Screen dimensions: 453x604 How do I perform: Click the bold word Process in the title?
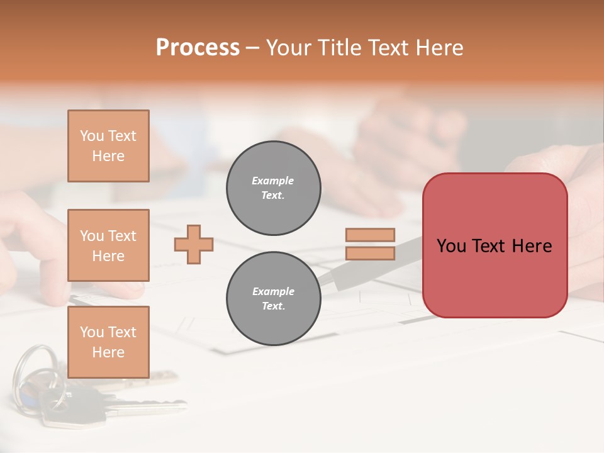tap(198, 48)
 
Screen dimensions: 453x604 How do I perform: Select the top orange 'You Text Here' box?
tap(108, 146)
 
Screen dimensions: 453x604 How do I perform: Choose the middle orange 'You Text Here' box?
tap(108, 245)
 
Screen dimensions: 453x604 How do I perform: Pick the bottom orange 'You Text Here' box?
tap(108, 342)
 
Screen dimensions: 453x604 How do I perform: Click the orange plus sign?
tap(194, 244)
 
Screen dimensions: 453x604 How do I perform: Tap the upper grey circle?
tap(273, 188)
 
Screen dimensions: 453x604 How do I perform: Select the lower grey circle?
tap(273, 299)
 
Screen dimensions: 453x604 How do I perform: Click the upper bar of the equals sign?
tap(370, 235)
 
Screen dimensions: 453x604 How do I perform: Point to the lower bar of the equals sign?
tap(370, 253)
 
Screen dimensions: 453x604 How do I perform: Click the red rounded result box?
tap(495, 277)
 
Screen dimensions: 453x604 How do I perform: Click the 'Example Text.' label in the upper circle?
tap(273, 188)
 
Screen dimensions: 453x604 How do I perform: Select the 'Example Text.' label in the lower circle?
tap(273, 299)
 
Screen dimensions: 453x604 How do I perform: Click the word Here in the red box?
tap(532, 246)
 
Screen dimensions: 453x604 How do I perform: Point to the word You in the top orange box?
tap(92, 136)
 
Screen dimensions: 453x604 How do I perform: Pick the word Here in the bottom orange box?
tap(108, 352)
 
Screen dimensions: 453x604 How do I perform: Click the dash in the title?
tap(253, 48)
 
